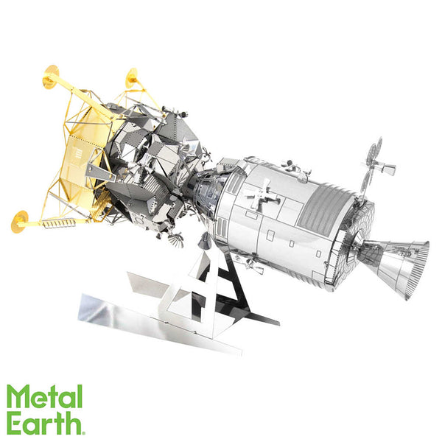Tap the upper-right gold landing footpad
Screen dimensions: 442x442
[x=131, y=77]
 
